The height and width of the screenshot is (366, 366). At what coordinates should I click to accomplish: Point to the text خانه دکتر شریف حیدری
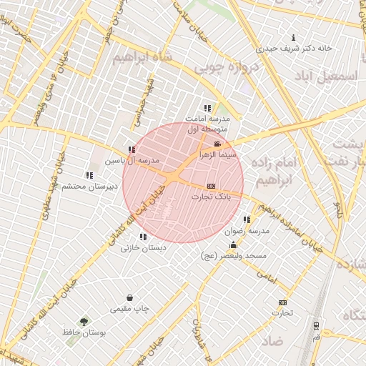click(295, 49)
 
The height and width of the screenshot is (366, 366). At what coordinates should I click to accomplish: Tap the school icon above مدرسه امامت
click(208, 108)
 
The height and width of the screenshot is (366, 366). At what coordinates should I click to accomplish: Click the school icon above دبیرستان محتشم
click(89, 175)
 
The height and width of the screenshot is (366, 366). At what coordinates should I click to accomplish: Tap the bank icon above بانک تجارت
click(210, 185)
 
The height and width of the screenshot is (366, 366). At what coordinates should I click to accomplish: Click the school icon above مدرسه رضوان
click(247, 220)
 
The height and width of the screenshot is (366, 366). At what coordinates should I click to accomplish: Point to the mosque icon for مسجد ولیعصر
click(233, 244)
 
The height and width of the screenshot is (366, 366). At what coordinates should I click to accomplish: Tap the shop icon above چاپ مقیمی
click(129, 298)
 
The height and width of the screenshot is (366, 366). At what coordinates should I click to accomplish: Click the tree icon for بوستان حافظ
click(84, 322)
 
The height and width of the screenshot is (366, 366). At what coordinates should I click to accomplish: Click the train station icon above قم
click(316, 325)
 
